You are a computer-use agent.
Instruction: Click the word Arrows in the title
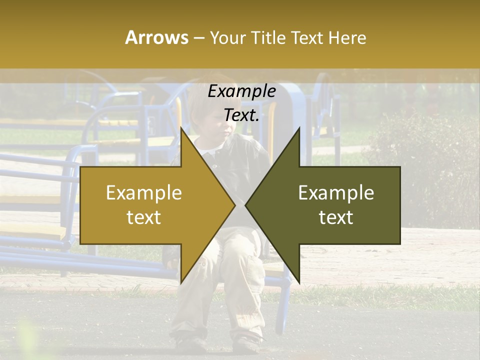[x=156, y=37]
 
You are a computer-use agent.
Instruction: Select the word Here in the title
[x=347, y=38]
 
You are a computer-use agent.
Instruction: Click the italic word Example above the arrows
[x=241, y=91]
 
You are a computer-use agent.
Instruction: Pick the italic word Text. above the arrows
[x=241, y=115]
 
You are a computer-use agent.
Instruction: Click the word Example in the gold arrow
[x=144, y=193]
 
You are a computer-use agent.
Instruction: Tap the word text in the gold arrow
[x=144, y=217]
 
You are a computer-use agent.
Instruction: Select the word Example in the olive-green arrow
[x=336, y=193]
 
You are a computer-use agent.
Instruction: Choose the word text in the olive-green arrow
[x=336, y=217]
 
